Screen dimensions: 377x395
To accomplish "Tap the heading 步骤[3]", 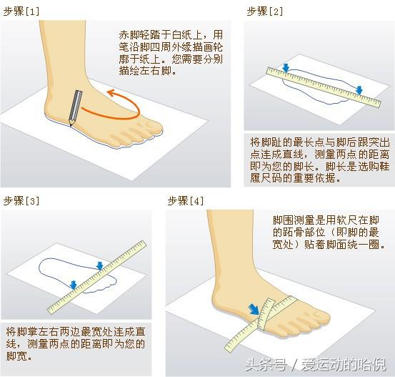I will click(x=22, y=200).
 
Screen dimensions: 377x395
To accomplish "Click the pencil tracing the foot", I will click(x=73, y=107).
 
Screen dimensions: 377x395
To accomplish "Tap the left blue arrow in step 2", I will click(x=286, y=69).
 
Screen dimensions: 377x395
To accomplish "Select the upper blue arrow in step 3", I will click(x=100, y=266).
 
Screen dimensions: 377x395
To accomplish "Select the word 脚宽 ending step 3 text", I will click(x=15, y=356).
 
